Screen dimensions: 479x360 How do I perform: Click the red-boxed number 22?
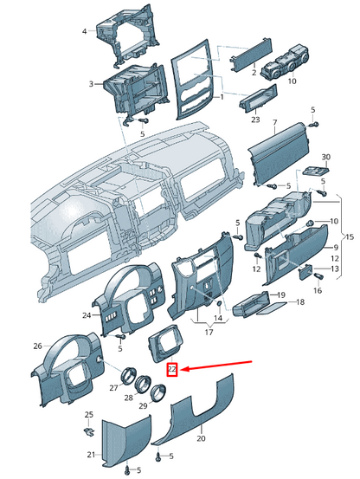coord(172,370)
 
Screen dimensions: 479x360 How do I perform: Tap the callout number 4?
coord(85,31)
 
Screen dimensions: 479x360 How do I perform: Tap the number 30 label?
coord(326,157)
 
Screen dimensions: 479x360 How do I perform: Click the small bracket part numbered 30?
coord(317,172)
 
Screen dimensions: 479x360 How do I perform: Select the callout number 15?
coord(350,237)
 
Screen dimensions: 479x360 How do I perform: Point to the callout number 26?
coord(37,346)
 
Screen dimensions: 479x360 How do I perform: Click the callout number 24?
coord(87,315)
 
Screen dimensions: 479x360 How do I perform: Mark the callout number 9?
coord(335,248)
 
